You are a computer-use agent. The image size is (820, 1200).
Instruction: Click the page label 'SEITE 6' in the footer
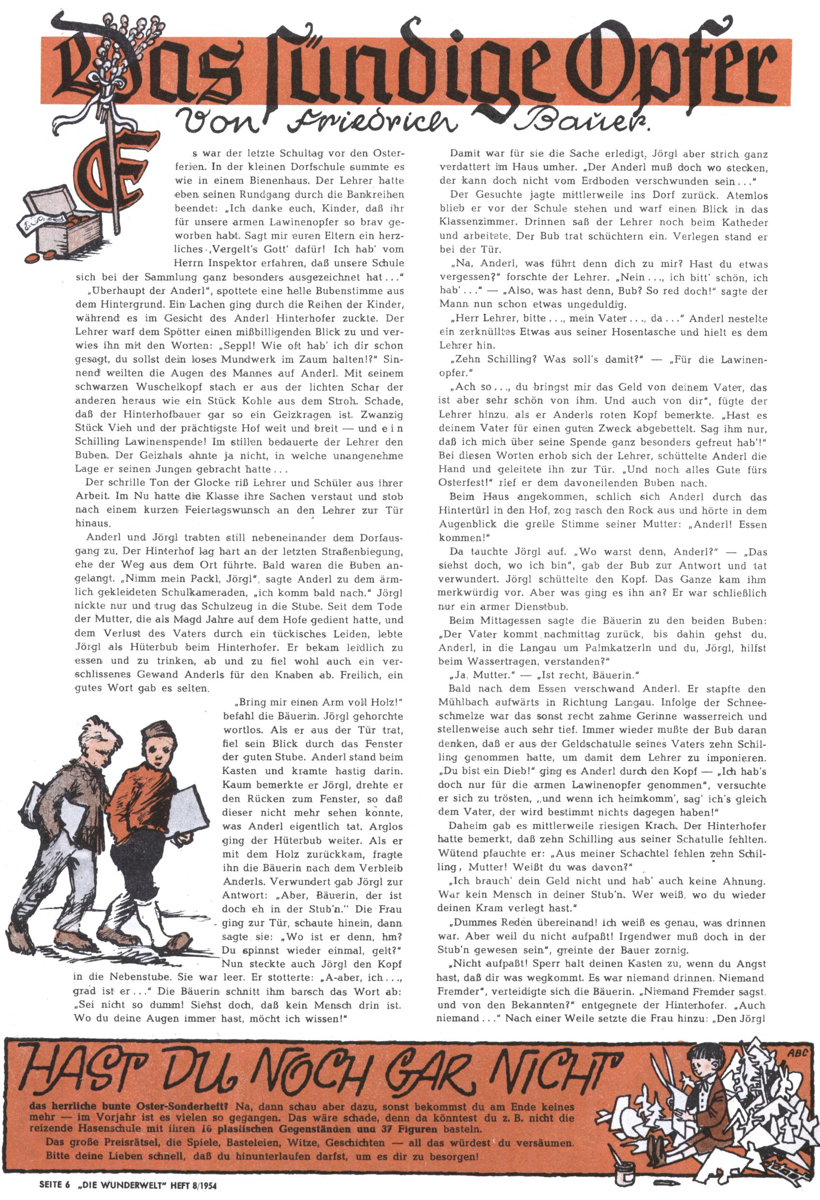pyautogui.click(x=54, y=1185)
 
